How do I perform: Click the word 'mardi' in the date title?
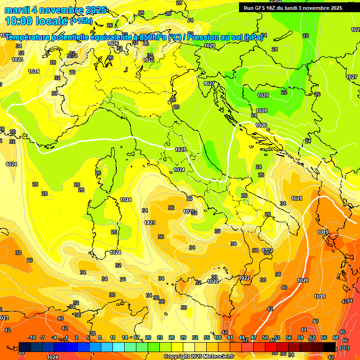[x=17, y=10]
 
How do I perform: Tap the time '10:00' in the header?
[x=18, y=21]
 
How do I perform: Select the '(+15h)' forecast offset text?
[x=81, y=21]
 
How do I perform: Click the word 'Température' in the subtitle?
[x=28, y=37]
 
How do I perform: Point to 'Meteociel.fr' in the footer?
[x=218, y=356]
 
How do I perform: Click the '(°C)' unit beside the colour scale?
[x=344, y=348]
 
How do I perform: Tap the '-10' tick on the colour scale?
[x=32, y=337]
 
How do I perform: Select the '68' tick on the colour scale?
[x=336, y=337]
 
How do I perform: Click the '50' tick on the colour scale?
[x=265, y=337]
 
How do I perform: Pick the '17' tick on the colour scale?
[x=136, y=337]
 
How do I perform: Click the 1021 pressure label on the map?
[x=297, y=199]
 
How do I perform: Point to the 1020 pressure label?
[x=303, y=280]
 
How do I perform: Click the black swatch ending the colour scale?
[x=330, y=346]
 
